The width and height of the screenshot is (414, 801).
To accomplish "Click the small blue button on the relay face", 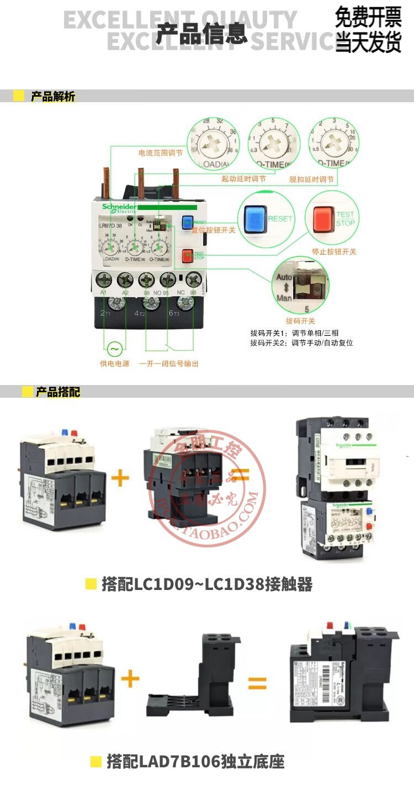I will [187, 223].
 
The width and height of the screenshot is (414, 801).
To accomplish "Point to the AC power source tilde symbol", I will [114, 350].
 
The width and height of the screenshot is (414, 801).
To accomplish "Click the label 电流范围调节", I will [160, 152].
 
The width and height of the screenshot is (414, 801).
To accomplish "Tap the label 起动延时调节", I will [243, 179].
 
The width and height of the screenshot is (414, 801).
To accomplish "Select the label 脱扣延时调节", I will [311, 180].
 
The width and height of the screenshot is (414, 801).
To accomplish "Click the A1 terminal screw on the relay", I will [103, 279].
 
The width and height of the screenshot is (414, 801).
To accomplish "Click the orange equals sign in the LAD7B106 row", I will [257, 683].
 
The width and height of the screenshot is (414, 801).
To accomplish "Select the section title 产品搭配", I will [58, 392].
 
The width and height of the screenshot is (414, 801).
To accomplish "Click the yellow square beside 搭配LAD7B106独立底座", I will [95, 762].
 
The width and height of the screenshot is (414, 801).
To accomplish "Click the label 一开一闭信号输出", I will [168, 363].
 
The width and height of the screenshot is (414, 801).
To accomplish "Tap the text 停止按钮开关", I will [334, 251].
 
